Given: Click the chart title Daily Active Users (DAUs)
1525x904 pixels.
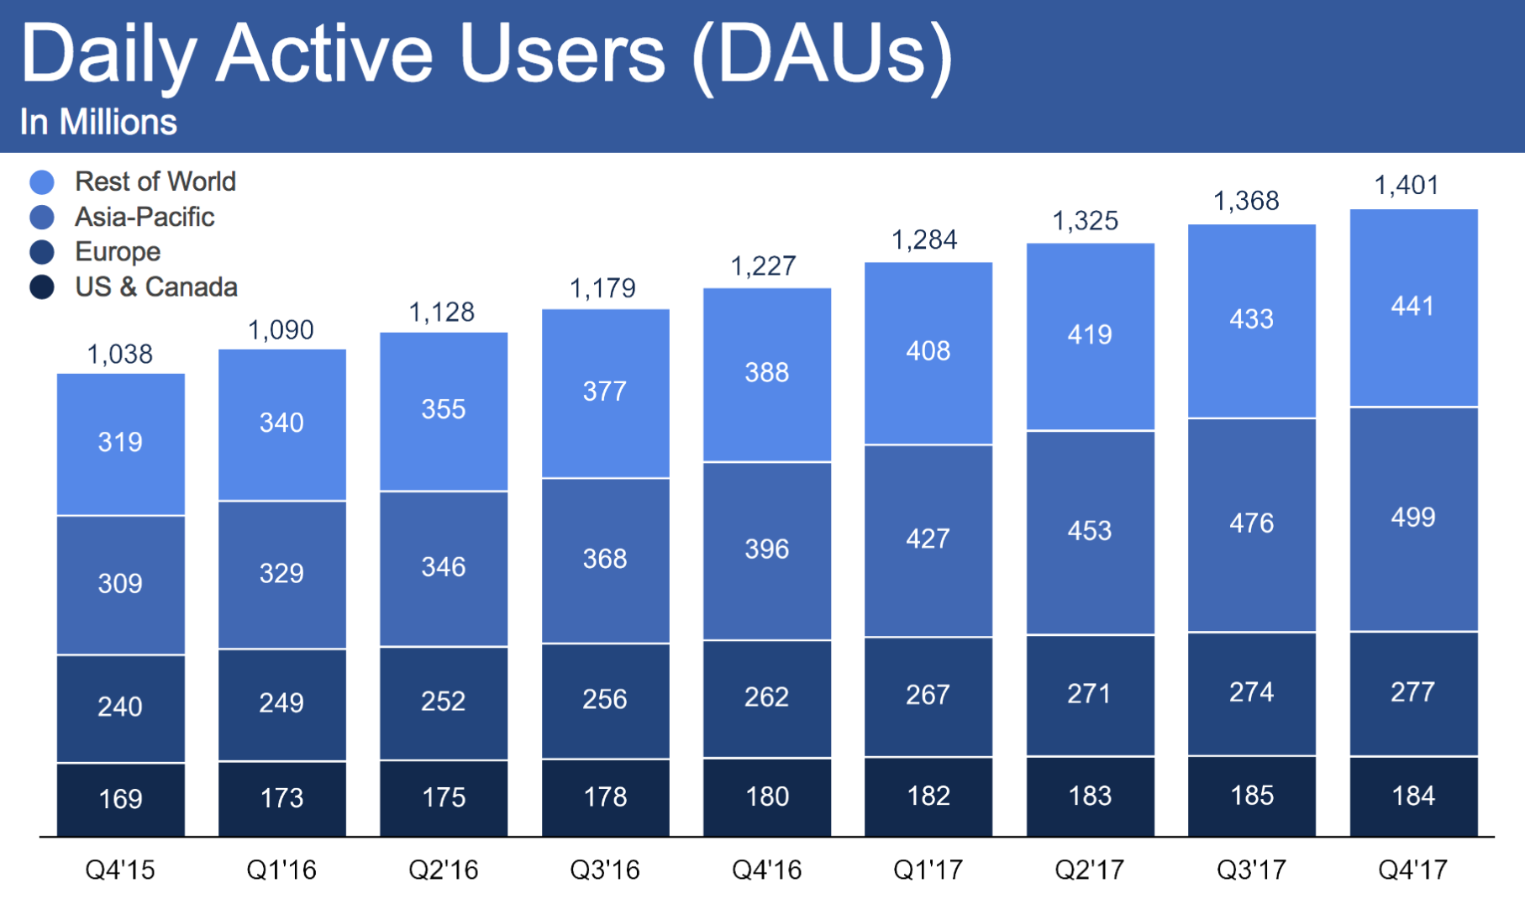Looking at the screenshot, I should coord(487,55).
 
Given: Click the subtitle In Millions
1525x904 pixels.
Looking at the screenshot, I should coord(98,123).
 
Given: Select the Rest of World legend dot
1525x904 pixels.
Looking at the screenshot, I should coord(42,181).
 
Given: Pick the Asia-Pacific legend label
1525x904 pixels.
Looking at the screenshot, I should coord(145,217).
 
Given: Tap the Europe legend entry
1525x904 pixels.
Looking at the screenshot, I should coord(117,252).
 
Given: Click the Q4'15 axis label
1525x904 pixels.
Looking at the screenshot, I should coord(120,870).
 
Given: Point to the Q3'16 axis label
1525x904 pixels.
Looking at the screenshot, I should coord(605,870).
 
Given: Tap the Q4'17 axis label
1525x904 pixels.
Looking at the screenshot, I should coord(1413,870).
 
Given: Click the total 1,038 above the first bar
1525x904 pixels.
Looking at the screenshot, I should coord(120,355).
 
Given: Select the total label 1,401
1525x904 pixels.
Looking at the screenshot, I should coord(1407,185).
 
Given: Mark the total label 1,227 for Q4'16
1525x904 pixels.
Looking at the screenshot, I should coord(764,266).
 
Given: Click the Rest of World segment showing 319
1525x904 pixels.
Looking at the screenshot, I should coord(120,443).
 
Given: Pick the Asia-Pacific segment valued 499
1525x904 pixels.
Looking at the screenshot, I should coord(1413,518).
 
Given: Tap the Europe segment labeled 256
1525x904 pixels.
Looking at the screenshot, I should coord(605,699).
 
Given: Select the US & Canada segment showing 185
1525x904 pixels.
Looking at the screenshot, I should coord(1252,796).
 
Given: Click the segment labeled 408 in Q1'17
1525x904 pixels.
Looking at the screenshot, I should coord(928,351).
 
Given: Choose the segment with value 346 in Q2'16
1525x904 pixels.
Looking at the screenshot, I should coord(444,567).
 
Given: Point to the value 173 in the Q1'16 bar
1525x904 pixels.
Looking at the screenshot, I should coord(281,798).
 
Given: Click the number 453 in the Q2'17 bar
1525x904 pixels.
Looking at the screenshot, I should coord(1090,531).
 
